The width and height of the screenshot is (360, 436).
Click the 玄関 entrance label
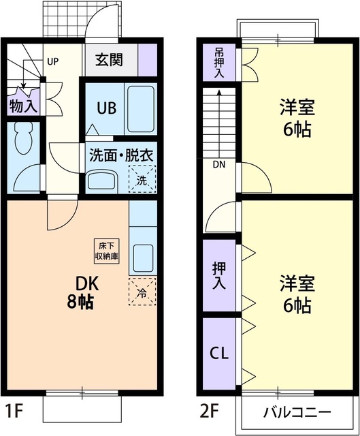click(x=109, y=60)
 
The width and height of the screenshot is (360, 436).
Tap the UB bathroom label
click(x=104, y=108)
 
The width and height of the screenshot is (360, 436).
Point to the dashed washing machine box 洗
click(x=142, y=178)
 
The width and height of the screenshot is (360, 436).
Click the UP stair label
click(x=52, y=61)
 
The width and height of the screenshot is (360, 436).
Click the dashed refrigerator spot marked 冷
click(x=142, y=293)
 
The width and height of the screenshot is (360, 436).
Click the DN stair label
click(x=219, y=164)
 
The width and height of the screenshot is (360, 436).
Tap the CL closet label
click(x=218, y=354)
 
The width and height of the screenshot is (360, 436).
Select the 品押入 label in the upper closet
click(x=218, y=62)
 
